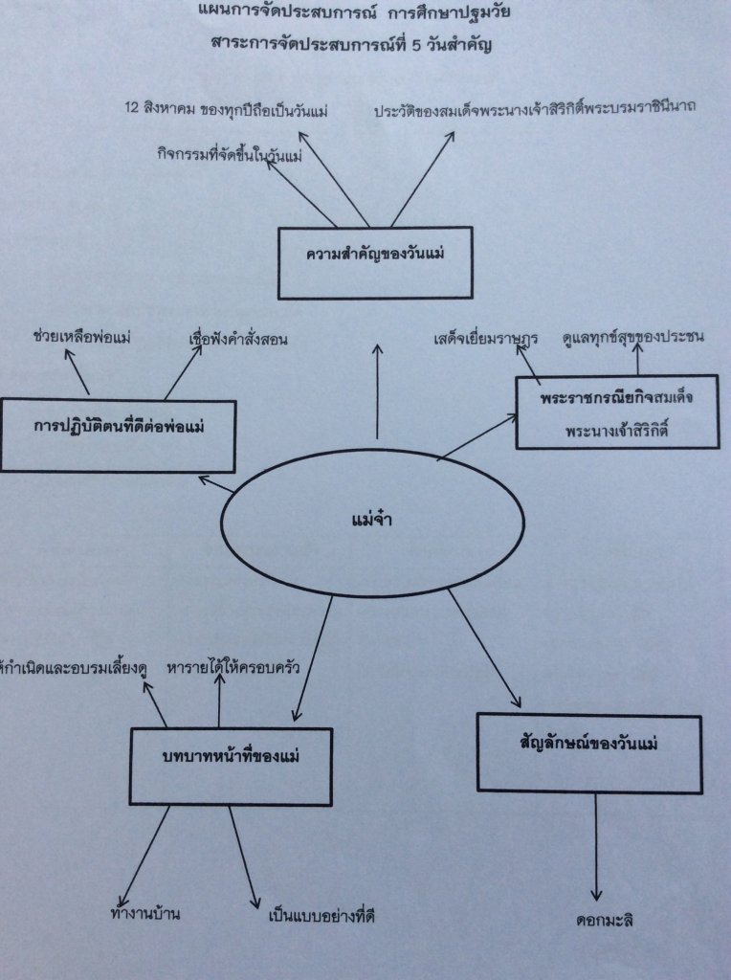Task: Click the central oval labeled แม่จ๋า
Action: (x=372, y=522)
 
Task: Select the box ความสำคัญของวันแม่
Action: (x=376, y=261)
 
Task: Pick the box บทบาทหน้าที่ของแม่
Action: (x=231, y=766)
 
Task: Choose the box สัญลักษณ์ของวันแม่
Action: (x=588, y=753)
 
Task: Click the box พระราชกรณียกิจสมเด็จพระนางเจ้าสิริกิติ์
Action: (x=616, y=412)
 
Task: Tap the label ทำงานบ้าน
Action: (x=145, y=914)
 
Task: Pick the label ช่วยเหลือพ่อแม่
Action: (x=81, y=336)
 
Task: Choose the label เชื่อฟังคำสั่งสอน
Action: (x=239, y=338)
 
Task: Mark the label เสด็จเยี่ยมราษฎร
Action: (x=485, y=337)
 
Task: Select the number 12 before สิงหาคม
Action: (x=133, y=109)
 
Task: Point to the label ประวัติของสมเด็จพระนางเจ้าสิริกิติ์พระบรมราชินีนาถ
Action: (x=536, y=108)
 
